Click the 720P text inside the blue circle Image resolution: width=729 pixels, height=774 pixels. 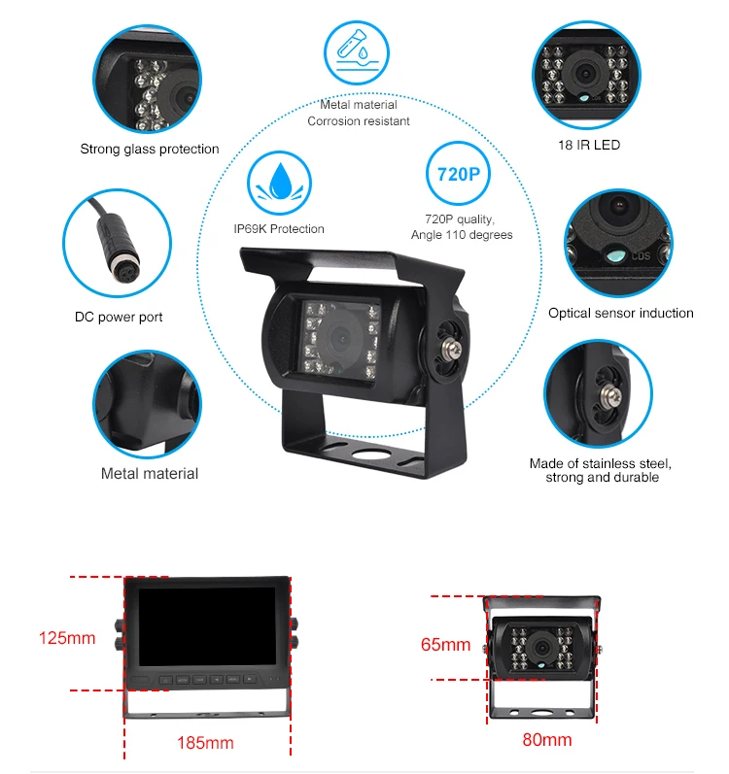tap(459, 174)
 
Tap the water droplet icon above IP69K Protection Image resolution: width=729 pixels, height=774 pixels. tap(280, 182)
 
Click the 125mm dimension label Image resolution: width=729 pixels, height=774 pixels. tap(67, 638)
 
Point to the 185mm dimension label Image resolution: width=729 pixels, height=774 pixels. tap(205, 743)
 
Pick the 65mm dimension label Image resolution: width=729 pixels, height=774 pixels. tap(445, 644)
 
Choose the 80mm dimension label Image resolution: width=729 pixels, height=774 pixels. tap(547, 739)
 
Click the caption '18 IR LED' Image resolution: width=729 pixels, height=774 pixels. tap(589, 145)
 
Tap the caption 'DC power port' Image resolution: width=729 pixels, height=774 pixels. tap(119, 317)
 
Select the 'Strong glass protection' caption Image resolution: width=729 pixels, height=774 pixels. tap(150, 150)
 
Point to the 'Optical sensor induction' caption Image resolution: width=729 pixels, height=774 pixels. tap(621, 313)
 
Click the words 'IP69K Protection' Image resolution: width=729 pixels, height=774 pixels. tap(279, 229)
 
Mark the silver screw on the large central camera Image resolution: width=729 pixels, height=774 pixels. tap(454, 351)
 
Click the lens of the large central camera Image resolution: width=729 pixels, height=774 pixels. tap(341, 338)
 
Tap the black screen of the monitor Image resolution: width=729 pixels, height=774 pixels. tap(207, 626)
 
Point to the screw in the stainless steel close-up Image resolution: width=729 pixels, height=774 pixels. tap(610, 396)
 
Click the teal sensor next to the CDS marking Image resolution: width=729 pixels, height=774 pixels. tap(615, 255)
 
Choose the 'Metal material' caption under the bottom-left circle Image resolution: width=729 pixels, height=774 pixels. tap(150, 473)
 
